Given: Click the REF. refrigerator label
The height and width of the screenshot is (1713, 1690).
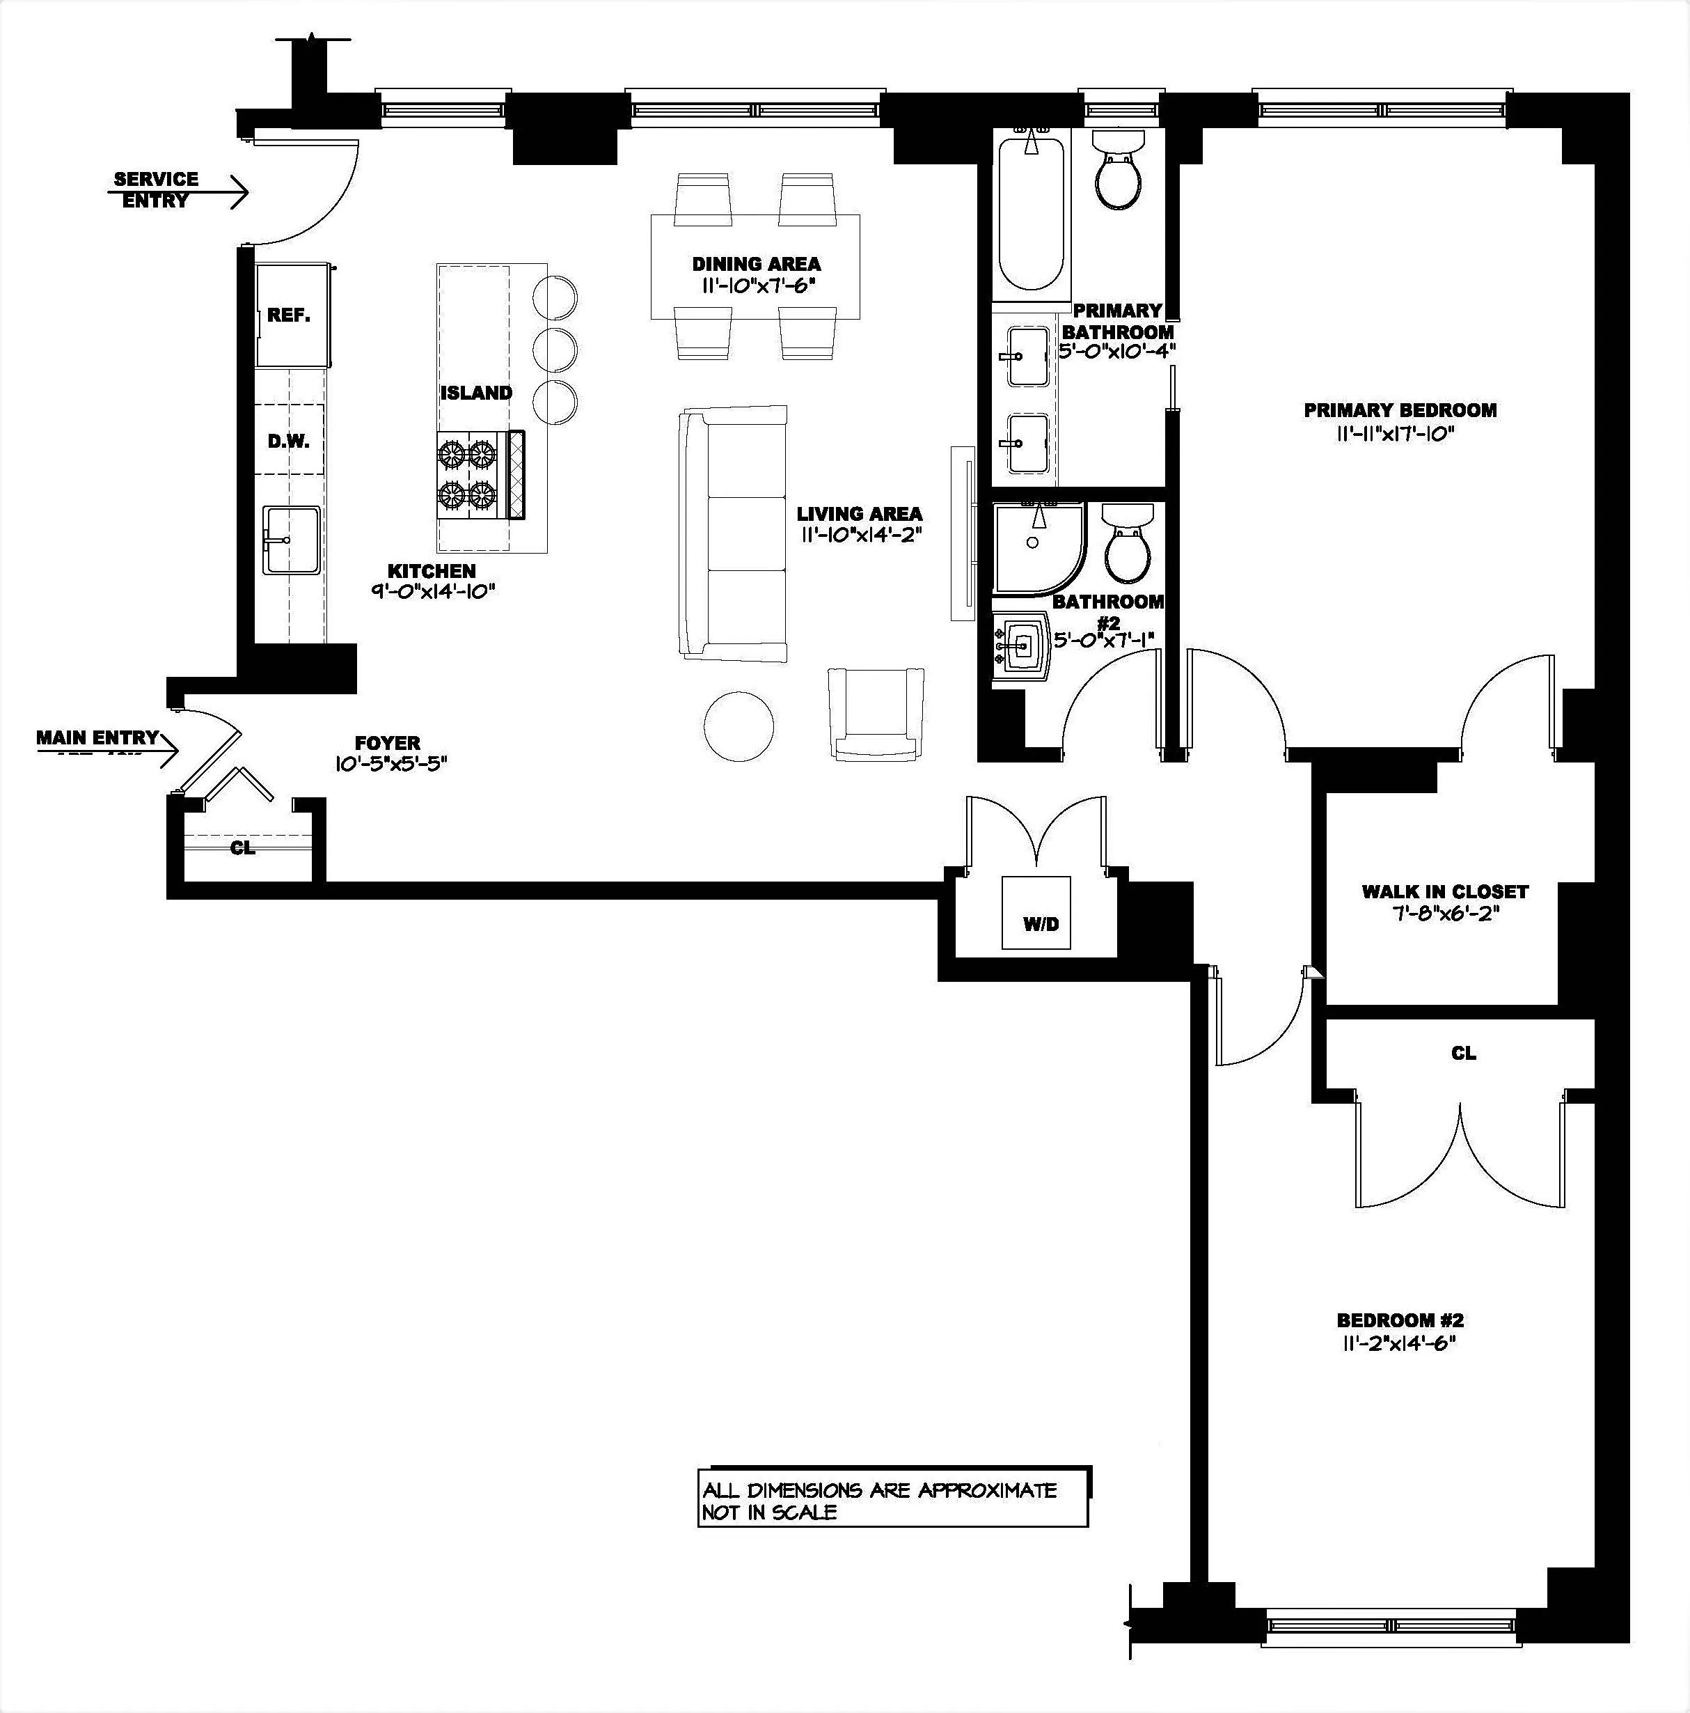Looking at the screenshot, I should tap(289, 315).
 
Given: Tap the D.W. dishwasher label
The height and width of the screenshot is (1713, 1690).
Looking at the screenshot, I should tap(289, 441).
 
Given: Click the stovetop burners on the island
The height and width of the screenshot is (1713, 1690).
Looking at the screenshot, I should tap(467, 474).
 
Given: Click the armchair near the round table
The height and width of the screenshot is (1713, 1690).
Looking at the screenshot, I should tap(876, 714).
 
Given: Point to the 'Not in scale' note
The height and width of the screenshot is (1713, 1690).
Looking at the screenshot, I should tap(769, 1512).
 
